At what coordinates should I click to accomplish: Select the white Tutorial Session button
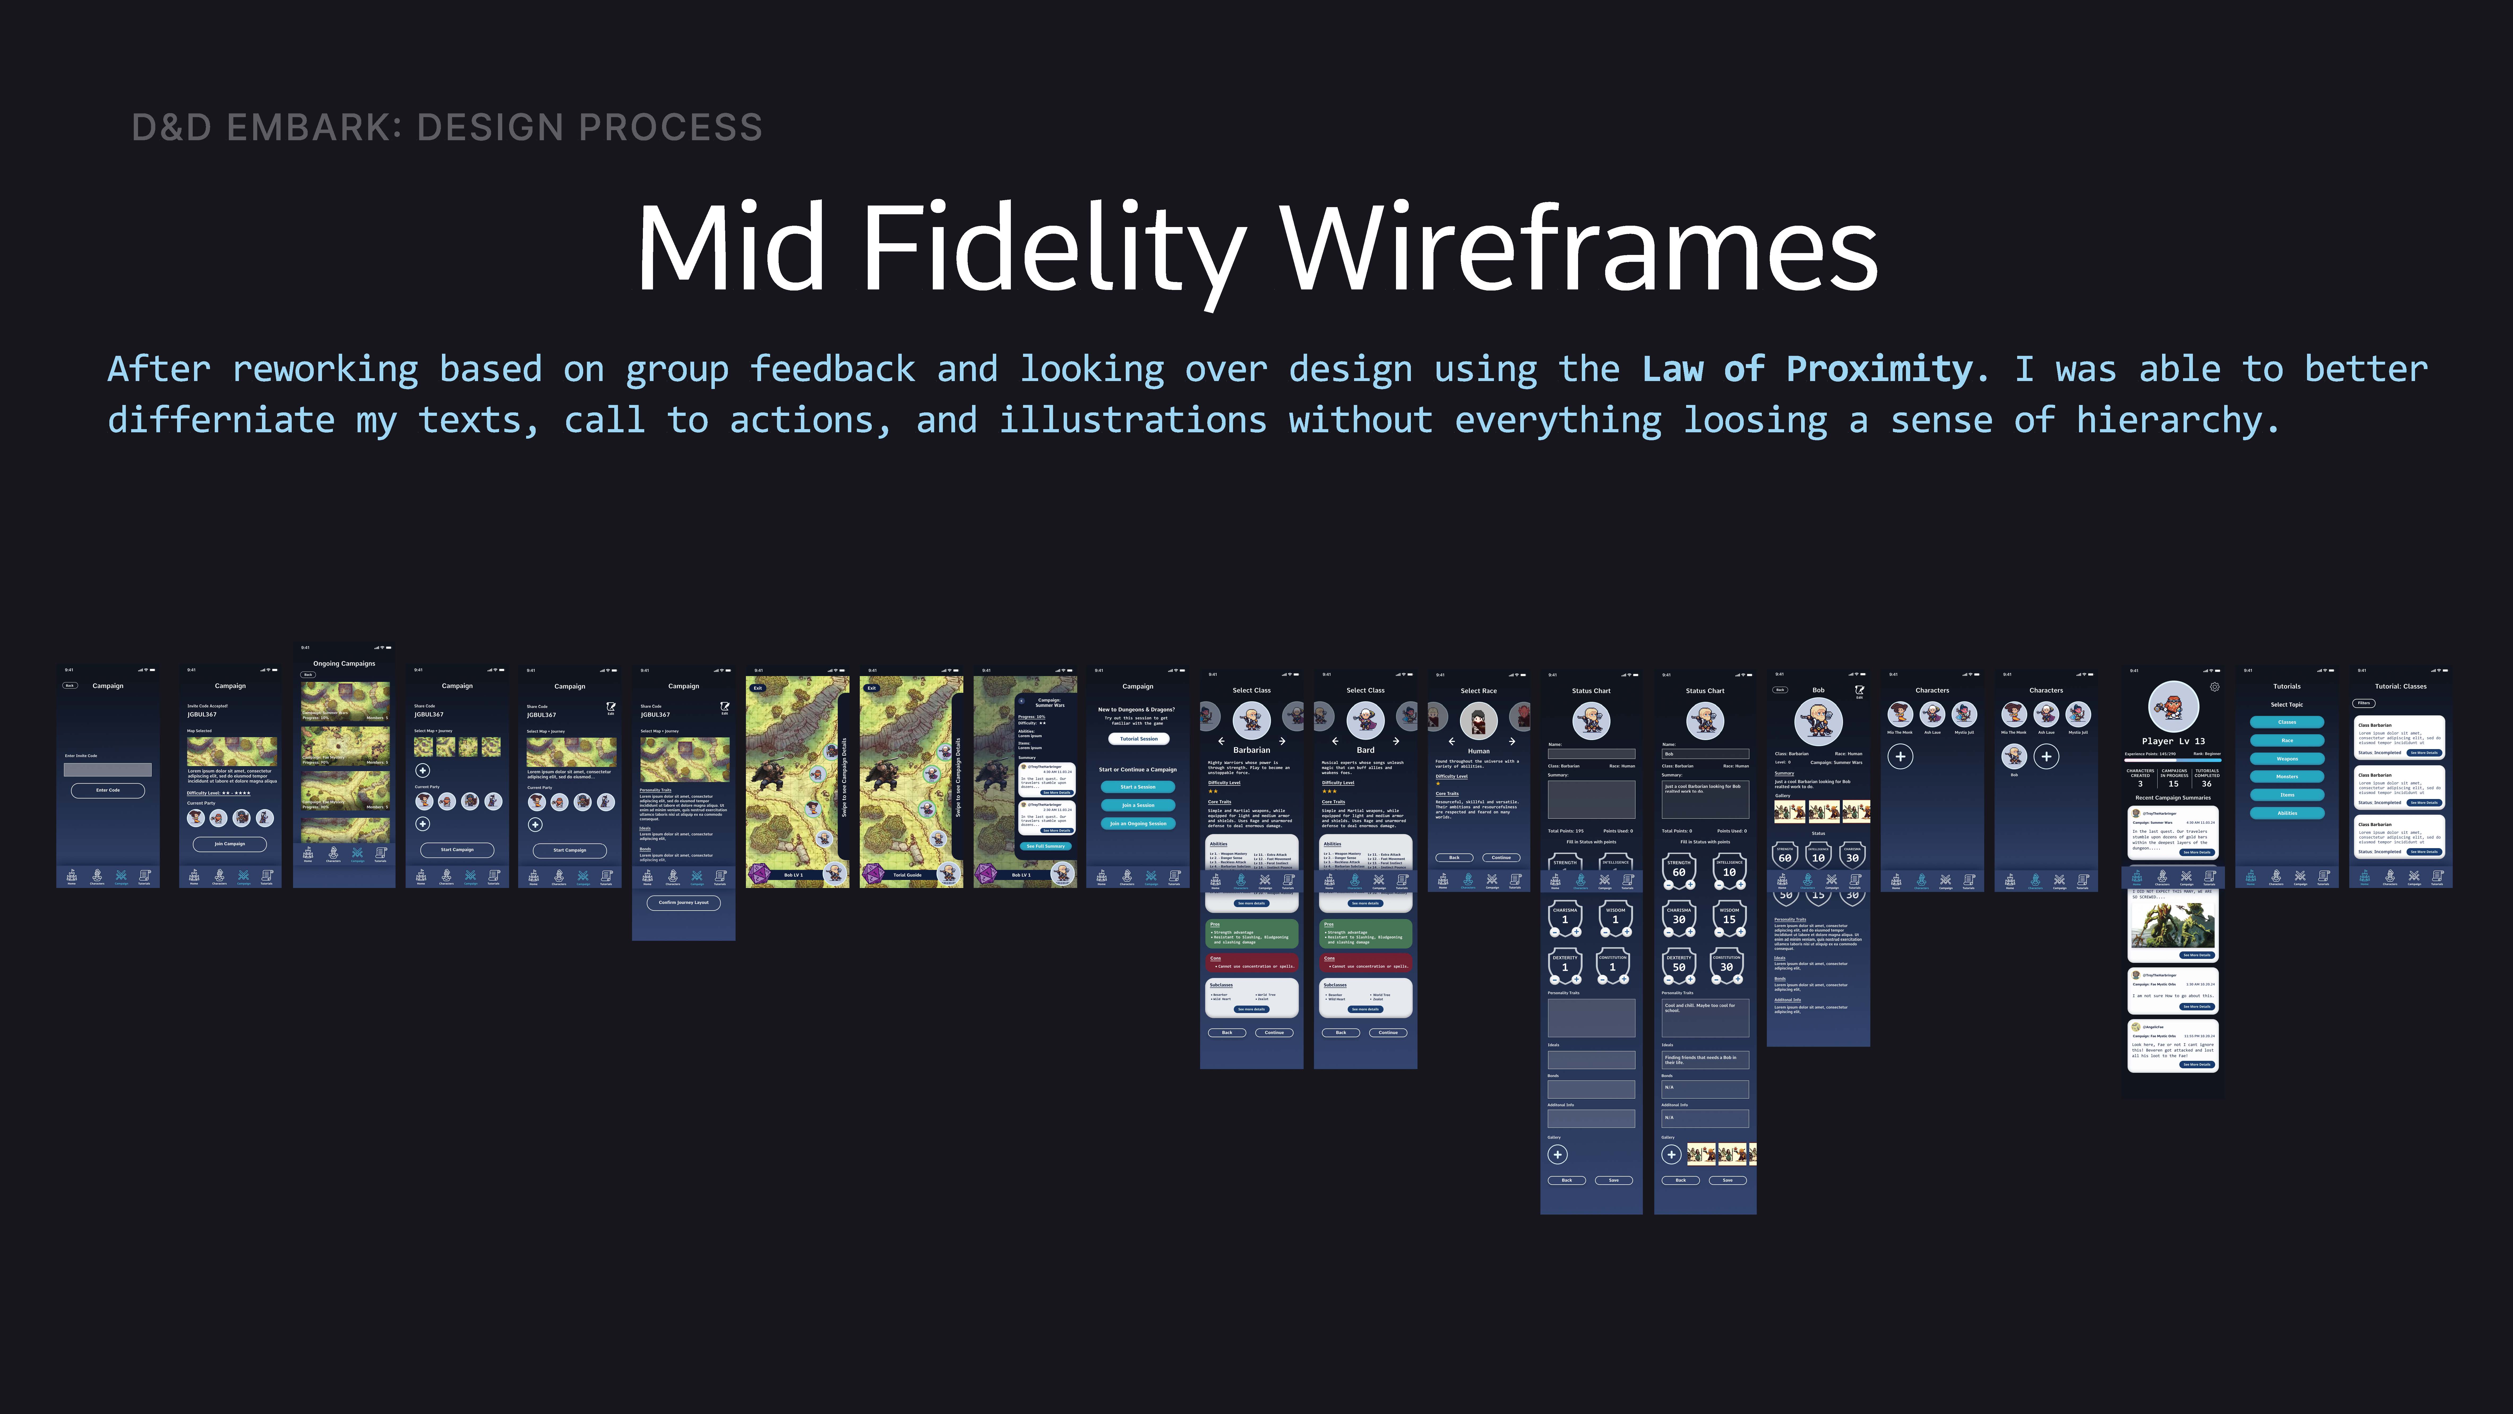1139,739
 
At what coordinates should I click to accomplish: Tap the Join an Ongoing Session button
1139,824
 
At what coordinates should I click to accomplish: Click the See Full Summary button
1046,846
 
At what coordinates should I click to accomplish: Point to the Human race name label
1479,751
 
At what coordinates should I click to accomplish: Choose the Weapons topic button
2287,758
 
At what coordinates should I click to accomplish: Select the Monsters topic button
2287,777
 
